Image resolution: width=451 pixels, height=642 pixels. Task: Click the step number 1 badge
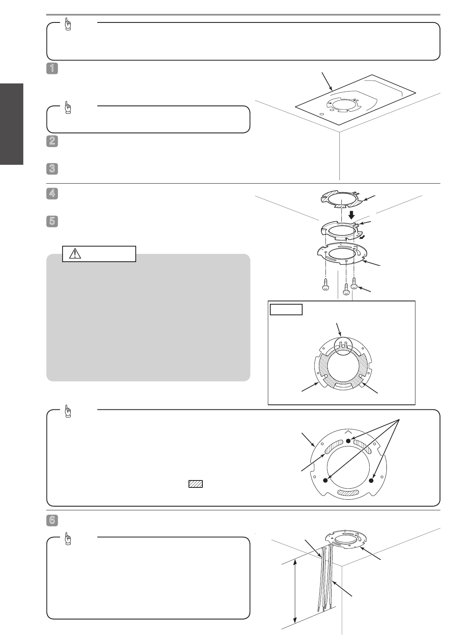click(52, 69)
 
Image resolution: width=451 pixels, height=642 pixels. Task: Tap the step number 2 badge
click(52, 141)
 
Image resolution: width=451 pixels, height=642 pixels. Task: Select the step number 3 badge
click(52, 169)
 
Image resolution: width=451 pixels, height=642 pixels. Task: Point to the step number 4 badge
click(52, 193)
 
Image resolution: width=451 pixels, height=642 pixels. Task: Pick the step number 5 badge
click(52, 221)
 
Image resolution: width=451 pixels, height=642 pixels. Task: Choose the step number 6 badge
click(52, 520)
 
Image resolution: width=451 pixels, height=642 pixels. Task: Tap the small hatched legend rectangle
click(195, 484)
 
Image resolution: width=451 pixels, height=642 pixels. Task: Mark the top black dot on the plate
click(348, 441)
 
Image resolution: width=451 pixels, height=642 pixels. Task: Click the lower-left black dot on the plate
click(325, 480)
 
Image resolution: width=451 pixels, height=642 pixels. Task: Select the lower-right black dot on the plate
click(372, 480)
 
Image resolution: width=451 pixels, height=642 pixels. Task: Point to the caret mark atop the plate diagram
click(348, 432)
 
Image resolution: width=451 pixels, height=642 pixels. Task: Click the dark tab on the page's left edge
click(11, 124)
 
